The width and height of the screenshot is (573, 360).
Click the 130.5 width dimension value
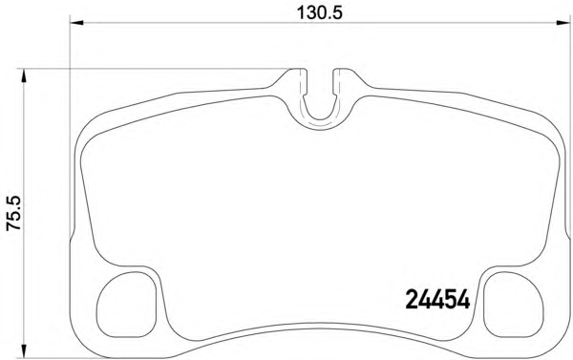(319, 12)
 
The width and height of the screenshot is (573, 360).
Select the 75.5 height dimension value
(14, 213)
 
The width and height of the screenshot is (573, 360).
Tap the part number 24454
(437, 299)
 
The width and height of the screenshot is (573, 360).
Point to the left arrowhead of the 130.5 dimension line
(76, 23)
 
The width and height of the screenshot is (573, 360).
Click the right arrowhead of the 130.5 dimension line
(562, 23)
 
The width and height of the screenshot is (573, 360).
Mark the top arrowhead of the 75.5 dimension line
(24, 75)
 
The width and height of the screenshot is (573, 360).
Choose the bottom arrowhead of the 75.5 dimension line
(24, 350)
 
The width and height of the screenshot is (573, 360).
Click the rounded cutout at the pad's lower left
(126, 304)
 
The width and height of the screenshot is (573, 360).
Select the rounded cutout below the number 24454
(514, 304)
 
